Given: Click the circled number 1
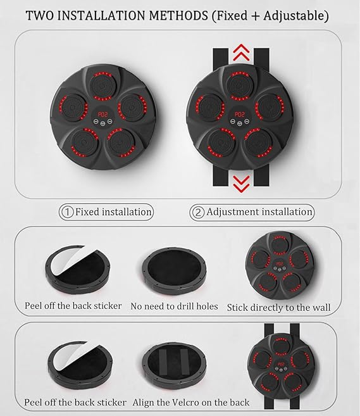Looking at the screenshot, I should (x=66, y=212).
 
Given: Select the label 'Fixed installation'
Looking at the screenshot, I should (x=113, y=212).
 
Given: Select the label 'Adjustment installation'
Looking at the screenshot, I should (x=259, y=212).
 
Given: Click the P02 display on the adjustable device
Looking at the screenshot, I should (x=239, y=116).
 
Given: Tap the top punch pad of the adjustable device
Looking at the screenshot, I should (x=239, y=82).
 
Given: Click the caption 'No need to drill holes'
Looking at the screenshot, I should (x=175, y=306).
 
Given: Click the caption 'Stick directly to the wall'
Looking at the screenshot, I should (x=278, y=307).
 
